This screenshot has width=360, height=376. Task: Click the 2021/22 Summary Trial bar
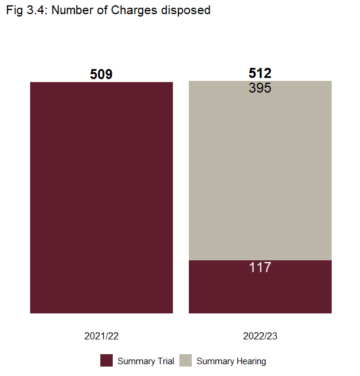[101, 197]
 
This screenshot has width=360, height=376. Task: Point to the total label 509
[101, 74]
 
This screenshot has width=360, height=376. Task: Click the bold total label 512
[260, 73]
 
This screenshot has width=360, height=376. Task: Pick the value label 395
[260, 88]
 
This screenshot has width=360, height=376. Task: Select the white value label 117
[260, 267]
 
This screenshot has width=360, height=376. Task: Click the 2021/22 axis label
[102, 336]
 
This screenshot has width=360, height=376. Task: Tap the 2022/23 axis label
[260, 336]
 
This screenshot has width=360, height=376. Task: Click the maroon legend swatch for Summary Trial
[106, 361]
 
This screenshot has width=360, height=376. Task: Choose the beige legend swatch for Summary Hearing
[185, 361]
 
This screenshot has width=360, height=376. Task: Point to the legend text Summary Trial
[146, 361]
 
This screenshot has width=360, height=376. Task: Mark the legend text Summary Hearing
[231, 361]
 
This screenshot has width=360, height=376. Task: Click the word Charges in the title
[138, 11]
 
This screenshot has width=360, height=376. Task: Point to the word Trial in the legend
[164, 361]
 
